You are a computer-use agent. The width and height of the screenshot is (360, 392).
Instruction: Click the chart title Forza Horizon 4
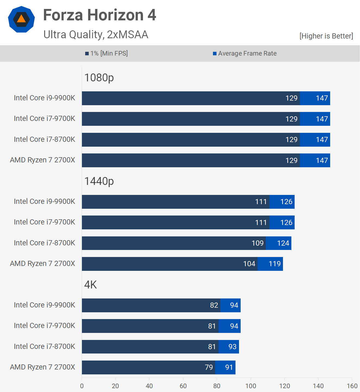point(100,15)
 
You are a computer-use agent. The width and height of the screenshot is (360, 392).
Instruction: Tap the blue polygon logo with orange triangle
point(21,19)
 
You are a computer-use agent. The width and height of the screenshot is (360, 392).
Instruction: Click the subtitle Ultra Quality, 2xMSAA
point(96,34)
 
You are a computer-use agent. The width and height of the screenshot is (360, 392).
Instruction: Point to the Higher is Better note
point(326,36)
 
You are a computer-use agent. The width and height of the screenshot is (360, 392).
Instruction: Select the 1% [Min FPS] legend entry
point(106,53)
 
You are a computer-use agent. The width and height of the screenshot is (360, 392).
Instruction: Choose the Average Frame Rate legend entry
point(245,53)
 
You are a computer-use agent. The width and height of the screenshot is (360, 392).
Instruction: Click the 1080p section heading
point(99,78)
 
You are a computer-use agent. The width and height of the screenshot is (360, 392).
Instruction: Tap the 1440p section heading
point(99,181)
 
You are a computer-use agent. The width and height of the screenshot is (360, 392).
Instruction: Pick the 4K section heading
point(91,285)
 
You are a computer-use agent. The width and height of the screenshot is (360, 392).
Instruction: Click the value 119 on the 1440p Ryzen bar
point(275,264)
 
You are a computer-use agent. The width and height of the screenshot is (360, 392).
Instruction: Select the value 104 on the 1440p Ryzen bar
point(249,264)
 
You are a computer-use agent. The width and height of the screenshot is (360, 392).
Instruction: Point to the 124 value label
point(283,243)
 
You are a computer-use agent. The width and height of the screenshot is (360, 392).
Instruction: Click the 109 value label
point(257,243)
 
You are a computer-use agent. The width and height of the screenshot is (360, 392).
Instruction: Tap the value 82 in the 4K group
point(214,305)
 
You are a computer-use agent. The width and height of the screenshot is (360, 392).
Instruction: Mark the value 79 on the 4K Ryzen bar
point(209,367)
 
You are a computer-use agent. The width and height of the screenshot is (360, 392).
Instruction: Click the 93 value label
point(232,347)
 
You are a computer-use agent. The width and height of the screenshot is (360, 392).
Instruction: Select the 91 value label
point(229,367)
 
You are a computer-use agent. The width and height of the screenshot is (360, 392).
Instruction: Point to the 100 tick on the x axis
point(251,386)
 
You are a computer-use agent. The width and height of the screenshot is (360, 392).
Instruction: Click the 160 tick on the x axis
point(352,386)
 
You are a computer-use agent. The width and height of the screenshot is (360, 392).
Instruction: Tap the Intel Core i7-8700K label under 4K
point(44,346)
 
